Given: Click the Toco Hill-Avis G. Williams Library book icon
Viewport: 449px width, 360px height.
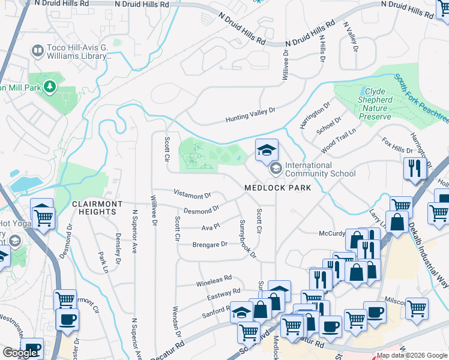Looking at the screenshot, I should (37, 50).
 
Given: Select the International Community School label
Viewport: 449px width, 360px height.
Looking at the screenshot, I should (320, 169).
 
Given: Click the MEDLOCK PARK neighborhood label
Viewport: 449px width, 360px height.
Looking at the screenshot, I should (277, 188).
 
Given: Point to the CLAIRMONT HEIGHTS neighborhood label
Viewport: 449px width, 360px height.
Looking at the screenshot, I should (97, 208).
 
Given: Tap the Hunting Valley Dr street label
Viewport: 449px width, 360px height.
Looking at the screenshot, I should (250, 115).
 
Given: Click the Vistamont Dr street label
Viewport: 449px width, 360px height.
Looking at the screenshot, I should (192, 194).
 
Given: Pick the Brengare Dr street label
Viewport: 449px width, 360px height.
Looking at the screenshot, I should (209, 244).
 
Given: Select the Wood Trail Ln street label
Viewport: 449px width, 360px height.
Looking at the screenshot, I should (338, 140).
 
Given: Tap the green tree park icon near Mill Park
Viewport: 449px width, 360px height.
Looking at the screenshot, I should (50, 87).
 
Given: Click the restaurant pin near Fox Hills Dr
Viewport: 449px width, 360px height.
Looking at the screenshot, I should (413, 168).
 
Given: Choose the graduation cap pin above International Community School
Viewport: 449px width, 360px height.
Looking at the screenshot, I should (267, 151).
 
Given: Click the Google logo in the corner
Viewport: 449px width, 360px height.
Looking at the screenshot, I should (20, 353).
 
